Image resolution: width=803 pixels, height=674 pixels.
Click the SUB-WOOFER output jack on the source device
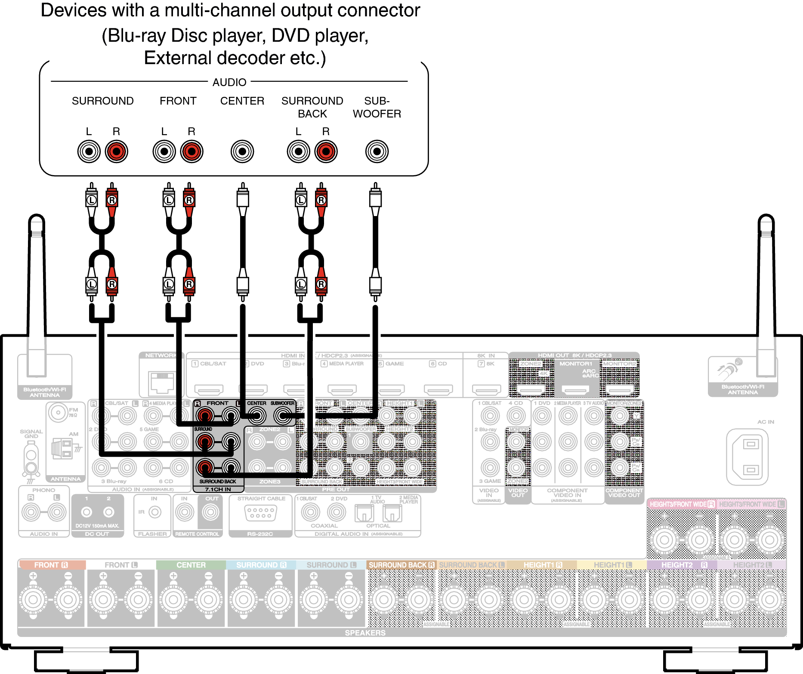pos(377,151)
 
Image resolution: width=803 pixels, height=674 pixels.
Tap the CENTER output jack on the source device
pos(242,151)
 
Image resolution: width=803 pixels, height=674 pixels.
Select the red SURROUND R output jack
pos(117,151)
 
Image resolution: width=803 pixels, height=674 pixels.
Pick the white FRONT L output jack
pos(164,151)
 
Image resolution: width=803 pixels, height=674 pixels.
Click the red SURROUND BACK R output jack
pos(326,151)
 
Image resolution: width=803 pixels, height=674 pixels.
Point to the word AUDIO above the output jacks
pos(229,82)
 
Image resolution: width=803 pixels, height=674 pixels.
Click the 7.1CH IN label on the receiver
pos(218,489)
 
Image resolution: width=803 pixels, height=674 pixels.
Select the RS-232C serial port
pos(260,512)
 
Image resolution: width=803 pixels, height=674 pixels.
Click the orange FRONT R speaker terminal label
pos(51,565)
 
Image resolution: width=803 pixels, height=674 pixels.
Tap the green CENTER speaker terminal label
pos(191,565)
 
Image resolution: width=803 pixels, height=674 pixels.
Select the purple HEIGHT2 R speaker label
pos(682,565)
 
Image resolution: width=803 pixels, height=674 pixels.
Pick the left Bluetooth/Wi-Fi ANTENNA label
pos(45,392)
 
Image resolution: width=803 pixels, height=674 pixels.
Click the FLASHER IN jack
pos(154,512)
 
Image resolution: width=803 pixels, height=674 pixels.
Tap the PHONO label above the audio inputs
pos(44,490)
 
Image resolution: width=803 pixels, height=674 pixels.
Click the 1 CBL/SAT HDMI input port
pos(209,390)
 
